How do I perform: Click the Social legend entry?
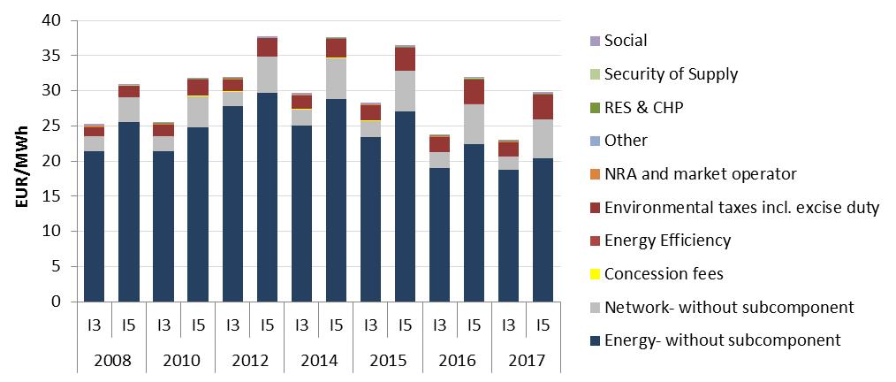point(625,41)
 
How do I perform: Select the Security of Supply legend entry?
point(671,74)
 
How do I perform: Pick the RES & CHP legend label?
point(644,107)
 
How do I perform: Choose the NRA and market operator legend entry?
point(701,174)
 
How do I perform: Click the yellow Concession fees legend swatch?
point(594,274)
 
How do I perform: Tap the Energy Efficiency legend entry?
point(667,241)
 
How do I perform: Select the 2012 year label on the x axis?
point(250,361)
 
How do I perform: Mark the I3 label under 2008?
point(94,325)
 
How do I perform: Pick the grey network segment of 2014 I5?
point(337,79)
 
